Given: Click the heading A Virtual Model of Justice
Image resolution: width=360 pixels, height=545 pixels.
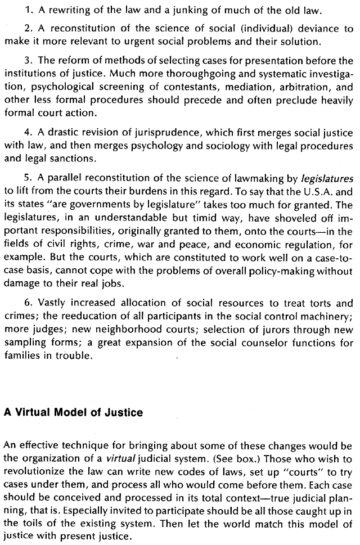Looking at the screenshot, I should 73,412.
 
